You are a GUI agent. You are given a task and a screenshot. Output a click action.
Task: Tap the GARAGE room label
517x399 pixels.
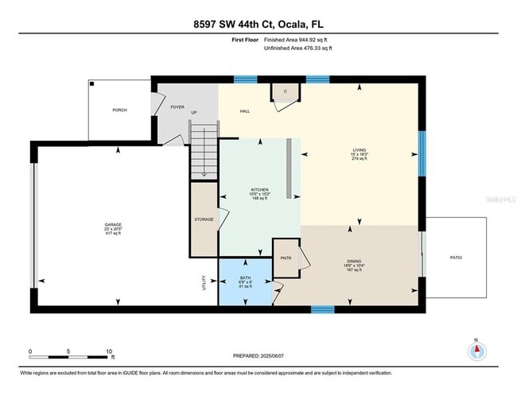(x=113, y=225)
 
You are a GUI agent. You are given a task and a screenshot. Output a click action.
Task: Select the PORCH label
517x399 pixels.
(x=119, y=110)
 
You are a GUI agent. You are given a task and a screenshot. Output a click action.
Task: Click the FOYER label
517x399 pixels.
(x=177, y=107)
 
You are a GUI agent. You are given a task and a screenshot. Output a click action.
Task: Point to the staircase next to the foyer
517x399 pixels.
(x=204, y=151)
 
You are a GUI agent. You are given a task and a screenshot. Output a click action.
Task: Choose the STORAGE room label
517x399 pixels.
(x=204, y=219)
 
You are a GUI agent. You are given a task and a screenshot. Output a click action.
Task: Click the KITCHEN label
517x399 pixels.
(x=260, y=189)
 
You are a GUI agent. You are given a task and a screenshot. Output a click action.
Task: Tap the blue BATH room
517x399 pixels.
(x=245, y=282)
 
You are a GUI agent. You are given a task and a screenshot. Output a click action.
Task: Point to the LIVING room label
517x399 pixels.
(x=360, y=149)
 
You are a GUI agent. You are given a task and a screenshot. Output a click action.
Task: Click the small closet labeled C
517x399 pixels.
(x=286, y=92)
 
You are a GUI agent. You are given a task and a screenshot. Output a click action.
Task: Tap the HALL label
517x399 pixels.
(x=245, y=111)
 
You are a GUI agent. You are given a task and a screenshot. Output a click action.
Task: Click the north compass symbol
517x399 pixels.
(x=476, y=351)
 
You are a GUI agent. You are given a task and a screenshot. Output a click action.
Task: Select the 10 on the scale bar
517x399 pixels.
(x=110, y=351)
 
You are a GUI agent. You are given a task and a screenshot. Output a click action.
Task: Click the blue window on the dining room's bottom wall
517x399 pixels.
(x=321, y=309)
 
